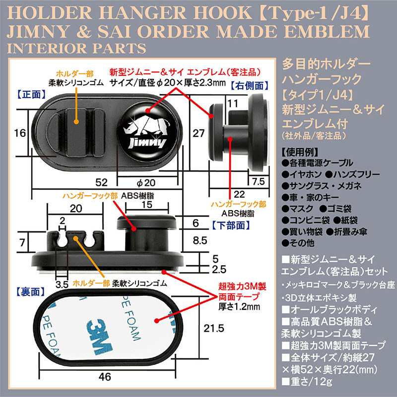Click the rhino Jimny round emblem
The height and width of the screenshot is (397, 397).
click(147, 132)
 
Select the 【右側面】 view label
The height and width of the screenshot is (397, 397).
click(250, 86)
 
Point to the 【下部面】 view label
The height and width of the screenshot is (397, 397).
click(231, 225)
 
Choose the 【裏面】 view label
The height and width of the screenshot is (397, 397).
click(30, 292)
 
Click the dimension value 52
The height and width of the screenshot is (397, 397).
click(101, 182)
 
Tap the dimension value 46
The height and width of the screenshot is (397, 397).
click(105, 377)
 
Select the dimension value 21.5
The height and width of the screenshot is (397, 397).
click(214, 329)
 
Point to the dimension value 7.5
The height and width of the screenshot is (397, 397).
click(259, 181)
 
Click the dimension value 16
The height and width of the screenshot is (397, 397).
click(20, 133)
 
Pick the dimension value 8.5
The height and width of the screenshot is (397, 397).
click(200, 240)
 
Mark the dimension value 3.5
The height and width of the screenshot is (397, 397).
click(62, 284)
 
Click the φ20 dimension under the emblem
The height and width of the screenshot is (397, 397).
click(146, 182)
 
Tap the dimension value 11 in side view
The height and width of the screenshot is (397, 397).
click(233, 103)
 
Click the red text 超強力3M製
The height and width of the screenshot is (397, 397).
click(242, 286)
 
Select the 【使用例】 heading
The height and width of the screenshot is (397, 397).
click(299, 152)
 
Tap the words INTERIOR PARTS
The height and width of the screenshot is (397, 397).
click(76, 48)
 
